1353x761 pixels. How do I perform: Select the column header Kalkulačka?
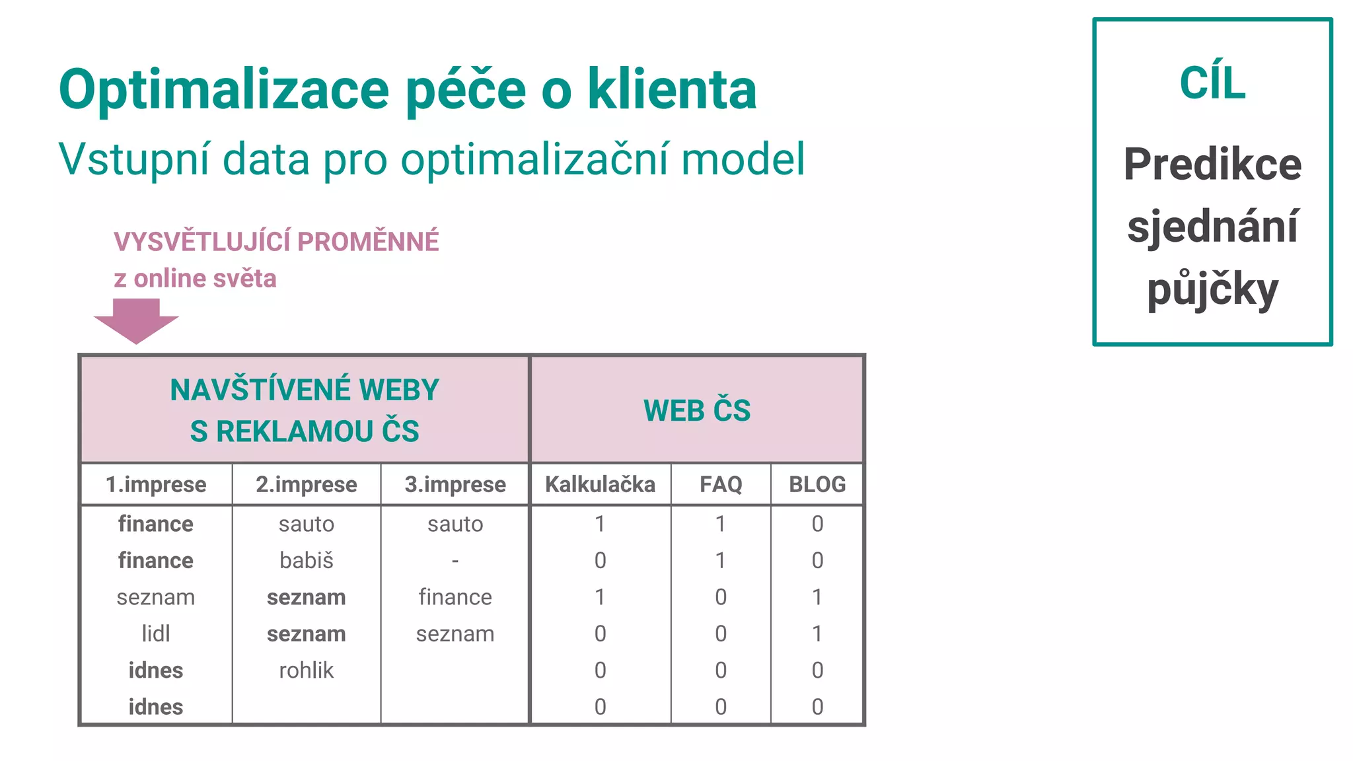click(x=600, y=485)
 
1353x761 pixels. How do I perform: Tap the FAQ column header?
click(x=721, y=485)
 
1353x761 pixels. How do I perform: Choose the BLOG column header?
click(x=817, y=485)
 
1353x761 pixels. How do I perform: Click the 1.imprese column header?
click(x=156, y=485)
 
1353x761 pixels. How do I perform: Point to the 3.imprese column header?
click(x=455, y=485)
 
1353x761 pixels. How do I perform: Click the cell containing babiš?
click(x=307, y=561)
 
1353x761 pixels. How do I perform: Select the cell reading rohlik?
click(x=307, y=670)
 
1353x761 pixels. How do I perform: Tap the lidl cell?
click(x=156, y=634)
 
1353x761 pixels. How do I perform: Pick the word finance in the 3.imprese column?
click(x=455, y=597)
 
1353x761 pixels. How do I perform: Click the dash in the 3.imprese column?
click(x=455, y=561)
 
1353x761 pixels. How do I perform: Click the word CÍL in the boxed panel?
click(x=1212, y=84)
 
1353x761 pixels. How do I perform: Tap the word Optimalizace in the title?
click(x=224, y=90)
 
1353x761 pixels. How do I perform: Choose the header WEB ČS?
click(x=697, y=410)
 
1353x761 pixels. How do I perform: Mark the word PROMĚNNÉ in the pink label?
click(x=368, y=242)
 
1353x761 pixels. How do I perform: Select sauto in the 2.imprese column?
click(x=307, y=525)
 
